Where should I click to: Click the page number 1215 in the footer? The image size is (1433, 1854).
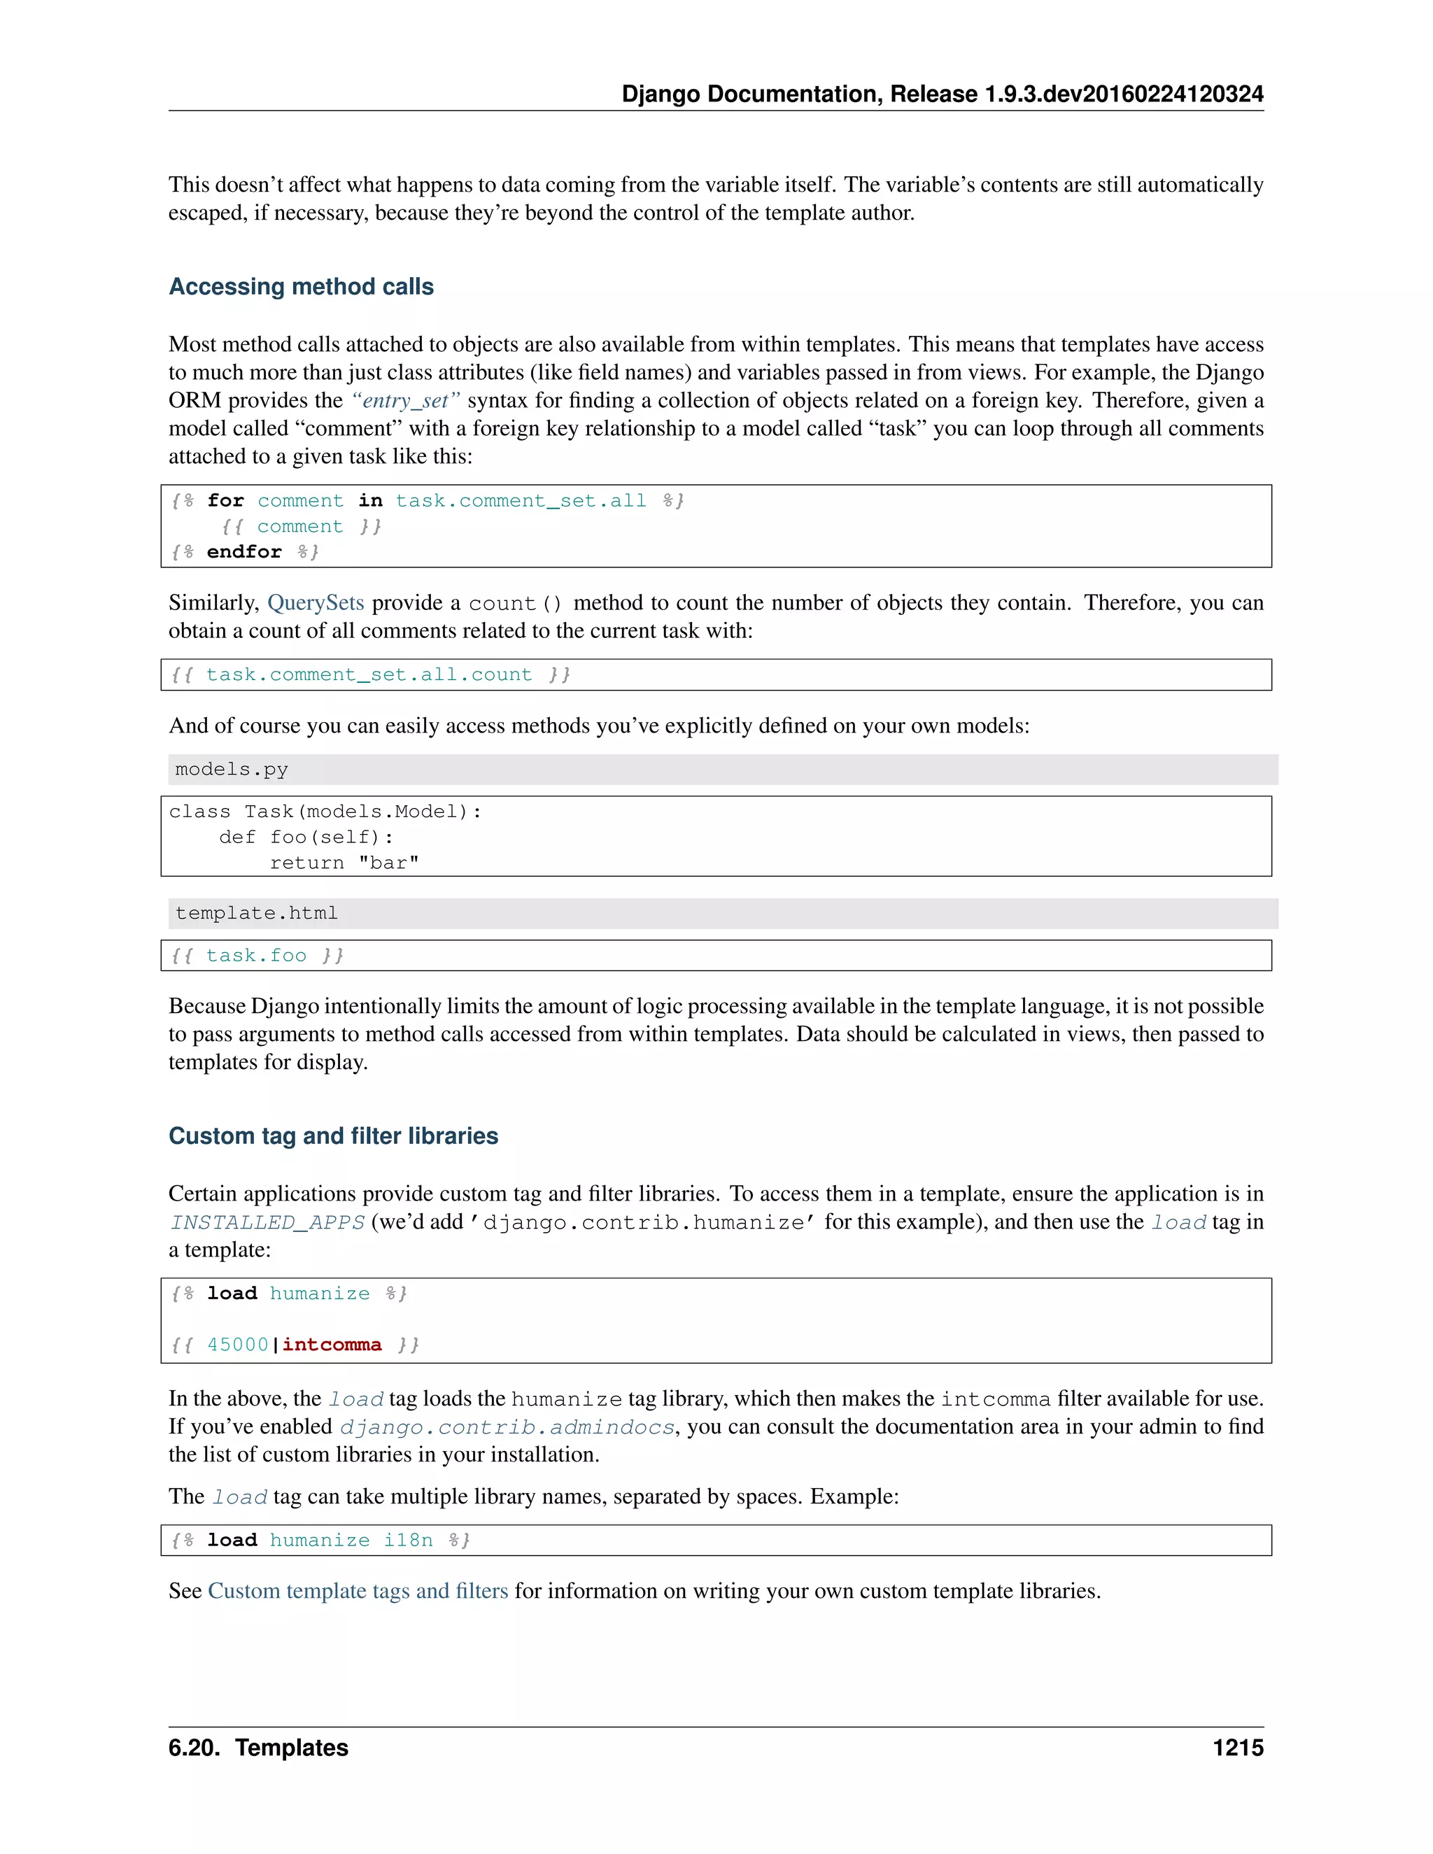coord(1237,1748)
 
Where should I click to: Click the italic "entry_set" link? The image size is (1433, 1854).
coord(405,401)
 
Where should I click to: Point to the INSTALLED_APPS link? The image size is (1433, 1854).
coord(267,1222)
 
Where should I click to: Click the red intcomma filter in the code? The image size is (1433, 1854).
coord(332,1345)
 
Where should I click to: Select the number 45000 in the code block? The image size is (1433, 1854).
coord(238,1345)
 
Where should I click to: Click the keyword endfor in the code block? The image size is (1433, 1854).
coord(243,552)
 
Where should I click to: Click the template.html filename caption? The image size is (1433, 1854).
coord(256,914)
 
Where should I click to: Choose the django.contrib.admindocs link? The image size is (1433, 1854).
coord(507,1428)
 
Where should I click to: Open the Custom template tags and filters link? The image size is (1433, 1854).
coord(358,1591)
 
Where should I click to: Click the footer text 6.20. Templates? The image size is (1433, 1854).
coord(258,1748)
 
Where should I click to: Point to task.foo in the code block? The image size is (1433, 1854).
coord(255,956)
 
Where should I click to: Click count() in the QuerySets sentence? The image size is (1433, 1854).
coord(515,604)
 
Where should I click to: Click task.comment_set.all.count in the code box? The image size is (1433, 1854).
coord(369,675)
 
